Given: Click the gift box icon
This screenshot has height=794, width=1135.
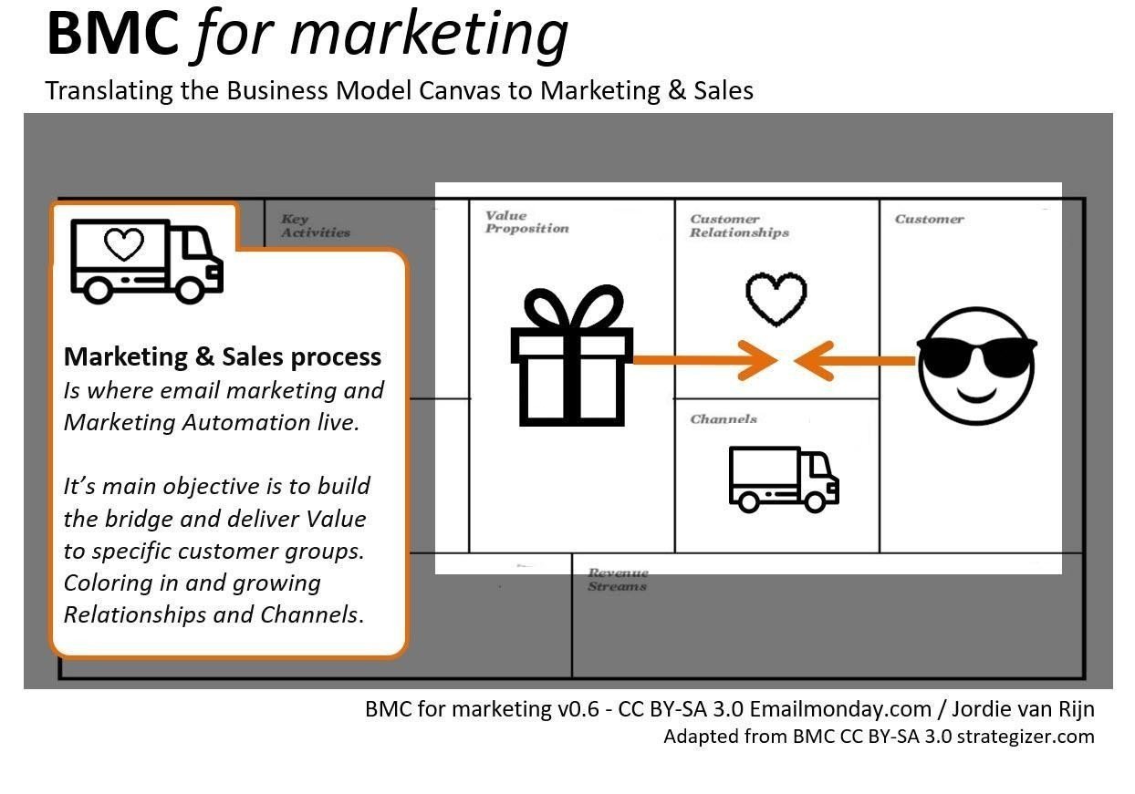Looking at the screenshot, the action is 571,356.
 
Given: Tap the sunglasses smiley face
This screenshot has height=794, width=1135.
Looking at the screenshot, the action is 977,366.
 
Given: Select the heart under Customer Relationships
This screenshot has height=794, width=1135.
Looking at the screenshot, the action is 776,299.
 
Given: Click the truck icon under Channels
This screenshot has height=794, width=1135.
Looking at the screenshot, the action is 784,479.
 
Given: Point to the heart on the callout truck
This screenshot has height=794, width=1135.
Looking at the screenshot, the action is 124,243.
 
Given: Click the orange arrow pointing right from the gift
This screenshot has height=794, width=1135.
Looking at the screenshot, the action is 705,360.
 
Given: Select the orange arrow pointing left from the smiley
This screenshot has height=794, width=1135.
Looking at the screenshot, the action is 855,361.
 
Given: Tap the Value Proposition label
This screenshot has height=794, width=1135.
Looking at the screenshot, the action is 527,222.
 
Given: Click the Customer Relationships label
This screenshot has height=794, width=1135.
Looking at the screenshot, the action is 739,226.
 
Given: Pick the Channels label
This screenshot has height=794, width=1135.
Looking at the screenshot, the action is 724,419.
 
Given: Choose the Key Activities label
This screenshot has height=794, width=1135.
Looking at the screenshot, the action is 316,226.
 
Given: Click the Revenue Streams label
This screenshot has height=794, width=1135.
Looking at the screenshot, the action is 618,580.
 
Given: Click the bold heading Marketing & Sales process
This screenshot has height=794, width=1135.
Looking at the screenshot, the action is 223,357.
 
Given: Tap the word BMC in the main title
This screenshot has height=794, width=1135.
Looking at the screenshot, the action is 112,35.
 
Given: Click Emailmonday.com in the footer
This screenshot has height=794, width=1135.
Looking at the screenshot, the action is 840,709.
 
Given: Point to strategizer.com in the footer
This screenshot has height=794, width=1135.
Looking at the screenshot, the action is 1026,737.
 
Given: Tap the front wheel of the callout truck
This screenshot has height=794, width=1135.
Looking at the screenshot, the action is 190,290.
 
